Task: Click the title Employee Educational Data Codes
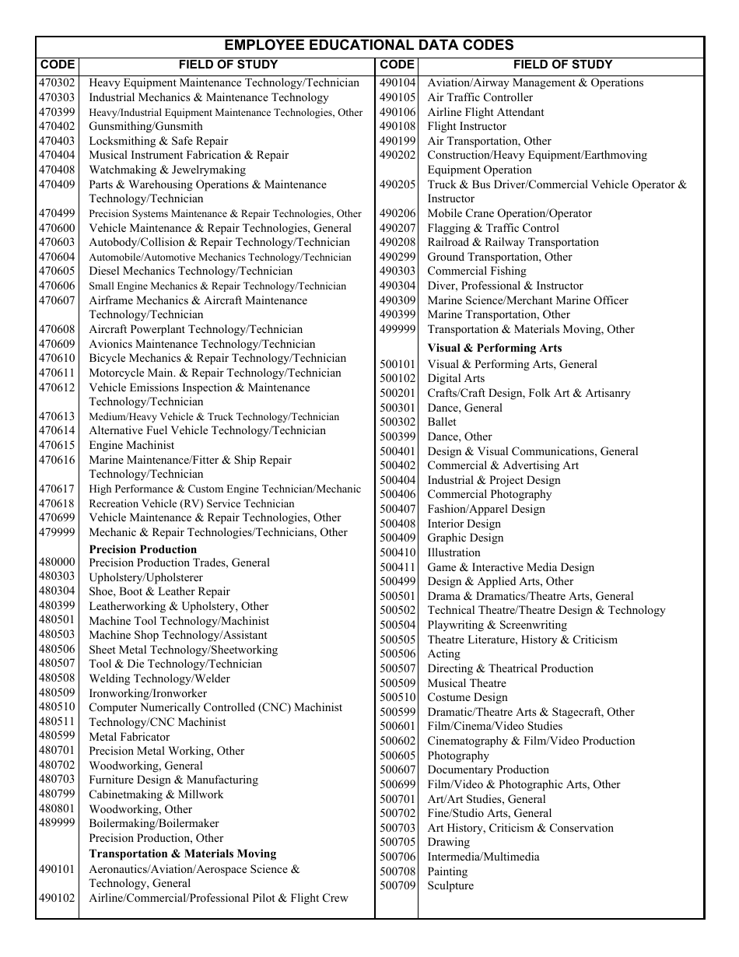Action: pos(369,45)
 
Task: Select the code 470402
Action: pos(57,126)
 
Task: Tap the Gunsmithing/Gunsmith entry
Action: pos(145,126)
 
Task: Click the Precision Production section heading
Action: pos(142,549)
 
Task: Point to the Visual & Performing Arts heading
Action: pos(494,348)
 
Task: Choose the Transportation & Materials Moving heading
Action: pos(182,854)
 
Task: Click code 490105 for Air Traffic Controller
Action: pos(398,97)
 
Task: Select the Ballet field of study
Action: pos(442,422)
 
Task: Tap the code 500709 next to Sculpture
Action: pos(398,885)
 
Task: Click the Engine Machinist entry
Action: pos(131,445)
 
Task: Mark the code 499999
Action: pos(398,329)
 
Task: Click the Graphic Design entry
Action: pos(465,538)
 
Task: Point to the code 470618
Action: pos(57,503)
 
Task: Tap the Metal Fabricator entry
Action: pos(129,737)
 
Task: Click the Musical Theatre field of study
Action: pos(466,683)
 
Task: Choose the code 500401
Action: pos(398,451)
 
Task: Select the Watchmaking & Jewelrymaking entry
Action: pos(166,170)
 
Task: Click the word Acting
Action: pos(443,654)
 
